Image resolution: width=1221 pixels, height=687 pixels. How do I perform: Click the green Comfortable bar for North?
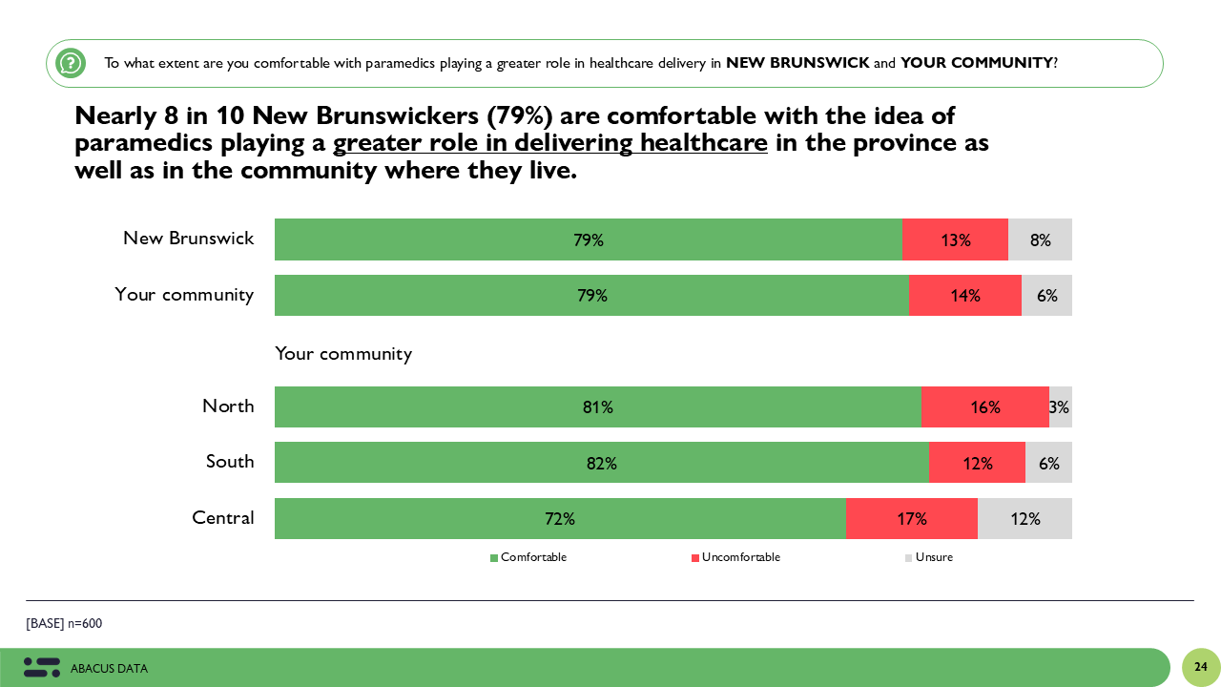tap(597, 407)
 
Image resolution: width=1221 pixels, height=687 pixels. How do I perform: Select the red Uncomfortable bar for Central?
tap(912, 519)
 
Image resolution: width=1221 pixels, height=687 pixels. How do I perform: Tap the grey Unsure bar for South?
tap(1048, 463)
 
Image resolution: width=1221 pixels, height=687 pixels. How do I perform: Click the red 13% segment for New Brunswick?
tap(955, 239)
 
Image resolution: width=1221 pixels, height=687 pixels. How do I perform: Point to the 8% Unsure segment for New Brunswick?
tap(1040, 239)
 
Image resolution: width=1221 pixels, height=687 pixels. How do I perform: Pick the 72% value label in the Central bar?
tap(560, 519)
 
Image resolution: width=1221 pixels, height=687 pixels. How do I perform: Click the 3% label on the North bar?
tap(1059, 407)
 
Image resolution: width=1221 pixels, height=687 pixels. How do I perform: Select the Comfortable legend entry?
tap(528, 557)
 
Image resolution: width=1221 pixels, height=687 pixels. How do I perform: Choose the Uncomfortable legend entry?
tap(735, 557)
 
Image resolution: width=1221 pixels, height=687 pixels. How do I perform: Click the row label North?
tap(228, 406)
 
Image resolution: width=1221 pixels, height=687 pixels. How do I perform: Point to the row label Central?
tap(223, 518)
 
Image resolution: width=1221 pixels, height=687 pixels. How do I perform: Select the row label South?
tap(230, 462)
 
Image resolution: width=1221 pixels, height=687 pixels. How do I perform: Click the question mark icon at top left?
tap(71, 63)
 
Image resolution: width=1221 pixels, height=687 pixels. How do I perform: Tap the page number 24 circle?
tap(1201, 667)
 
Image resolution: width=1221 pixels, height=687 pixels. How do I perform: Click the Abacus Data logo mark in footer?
tap(42, 668)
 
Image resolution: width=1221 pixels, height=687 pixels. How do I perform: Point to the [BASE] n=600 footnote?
tap(64, 624)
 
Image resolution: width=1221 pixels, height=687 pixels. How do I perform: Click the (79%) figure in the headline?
tap(519, 115)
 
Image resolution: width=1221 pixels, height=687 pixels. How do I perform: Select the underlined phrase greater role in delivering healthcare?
tap(550, 143)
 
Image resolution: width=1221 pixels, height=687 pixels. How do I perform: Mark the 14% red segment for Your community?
tap(965, 296)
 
